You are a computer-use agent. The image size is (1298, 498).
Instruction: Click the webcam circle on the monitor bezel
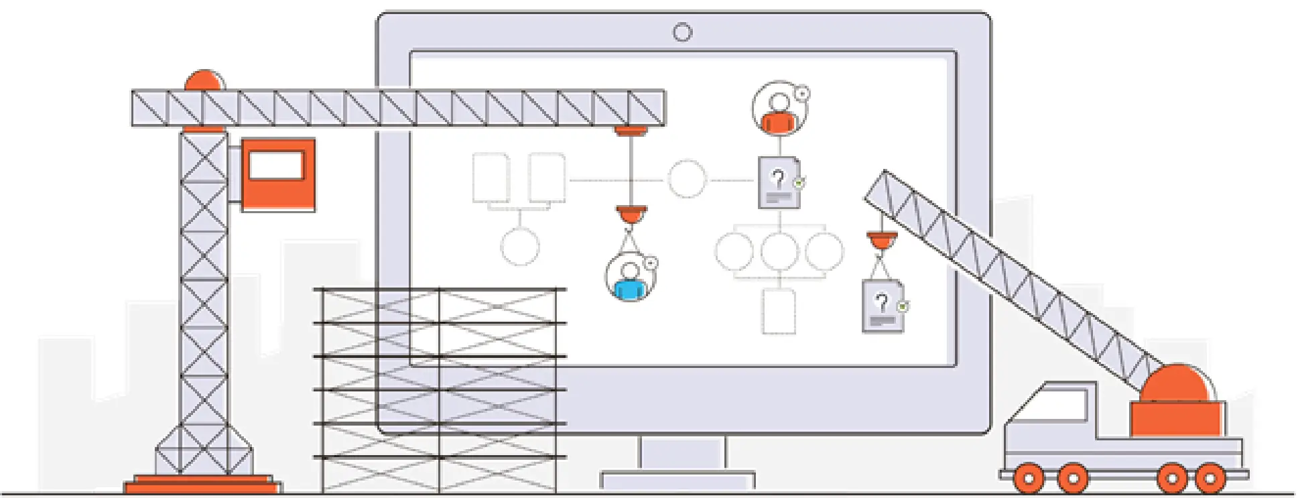point(682,32)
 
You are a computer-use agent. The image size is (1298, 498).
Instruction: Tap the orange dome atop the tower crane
point(204,80)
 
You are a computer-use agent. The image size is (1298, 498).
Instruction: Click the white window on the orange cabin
point(277,165)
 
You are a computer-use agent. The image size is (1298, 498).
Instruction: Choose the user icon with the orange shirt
point(779,109)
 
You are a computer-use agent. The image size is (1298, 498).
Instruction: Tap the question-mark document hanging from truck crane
point(883,306)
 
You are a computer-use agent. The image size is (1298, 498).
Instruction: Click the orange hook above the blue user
point(631,215)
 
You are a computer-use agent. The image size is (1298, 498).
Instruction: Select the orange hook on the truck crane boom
point(882,240)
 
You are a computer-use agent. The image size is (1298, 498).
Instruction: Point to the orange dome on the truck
point(1178,384)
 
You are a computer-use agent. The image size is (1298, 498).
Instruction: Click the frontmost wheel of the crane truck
point(1029,479)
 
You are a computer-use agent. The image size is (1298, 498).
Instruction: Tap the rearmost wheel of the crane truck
point(1210,479)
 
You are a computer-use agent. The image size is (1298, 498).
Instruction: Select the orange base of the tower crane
point(203,484)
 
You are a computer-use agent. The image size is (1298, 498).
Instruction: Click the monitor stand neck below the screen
point(682,452)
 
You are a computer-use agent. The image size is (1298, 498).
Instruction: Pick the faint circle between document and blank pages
point(687,179)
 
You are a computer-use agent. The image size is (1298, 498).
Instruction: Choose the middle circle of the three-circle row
point(779,251)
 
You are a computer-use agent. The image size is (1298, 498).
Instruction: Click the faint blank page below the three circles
point(779,312)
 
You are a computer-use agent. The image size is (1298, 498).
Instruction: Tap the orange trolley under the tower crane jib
point(631,131)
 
